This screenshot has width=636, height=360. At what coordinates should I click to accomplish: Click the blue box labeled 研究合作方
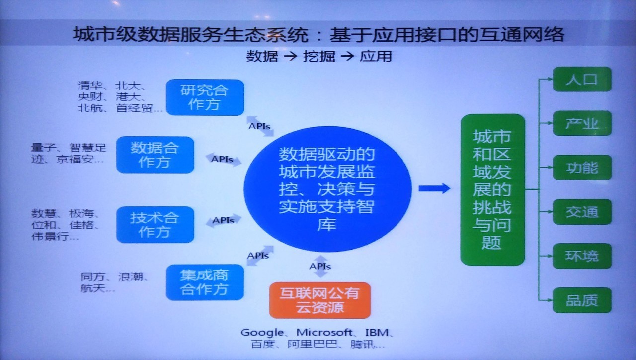[205, 97]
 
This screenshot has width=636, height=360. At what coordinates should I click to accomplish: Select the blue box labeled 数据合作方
[155, 155]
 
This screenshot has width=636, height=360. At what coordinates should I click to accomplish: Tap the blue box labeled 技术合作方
[155, 225]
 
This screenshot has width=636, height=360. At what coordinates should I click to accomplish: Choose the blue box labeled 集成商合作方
[205, 282]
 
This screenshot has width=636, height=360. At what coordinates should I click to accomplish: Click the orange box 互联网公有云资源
[320, 300]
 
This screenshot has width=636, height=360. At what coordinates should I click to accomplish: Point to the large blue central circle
[327, 189]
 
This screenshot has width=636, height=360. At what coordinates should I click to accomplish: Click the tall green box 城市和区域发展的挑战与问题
[492, 190]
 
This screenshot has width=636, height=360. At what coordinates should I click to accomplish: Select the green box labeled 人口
[582, 79]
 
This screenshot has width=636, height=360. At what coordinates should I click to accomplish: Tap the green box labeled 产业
[582, 123]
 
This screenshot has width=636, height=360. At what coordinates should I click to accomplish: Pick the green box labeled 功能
[582, 168]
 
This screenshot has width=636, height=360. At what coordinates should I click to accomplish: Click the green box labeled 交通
[582, 212]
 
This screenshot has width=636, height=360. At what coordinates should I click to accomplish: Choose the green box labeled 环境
[582, 256]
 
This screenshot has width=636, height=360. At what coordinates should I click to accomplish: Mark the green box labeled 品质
[582, 300]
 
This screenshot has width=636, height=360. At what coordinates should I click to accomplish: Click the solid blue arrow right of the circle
[434, 188]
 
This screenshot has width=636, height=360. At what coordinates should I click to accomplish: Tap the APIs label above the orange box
[320, 267]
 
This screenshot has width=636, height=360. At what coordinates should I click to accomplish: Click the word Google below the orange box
[262, 333]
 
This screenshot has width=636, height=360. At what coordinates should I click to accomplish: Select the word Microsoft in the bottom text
[324, 332]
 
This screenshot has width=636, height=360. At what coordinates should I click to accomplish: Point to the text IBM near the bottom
[377, 332]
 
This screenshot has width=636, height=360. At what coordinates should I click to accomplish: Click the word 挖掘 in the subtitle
[319, 56]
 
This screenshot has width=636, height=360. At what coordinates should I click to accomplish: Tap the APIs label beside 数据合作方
[222, 160]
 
